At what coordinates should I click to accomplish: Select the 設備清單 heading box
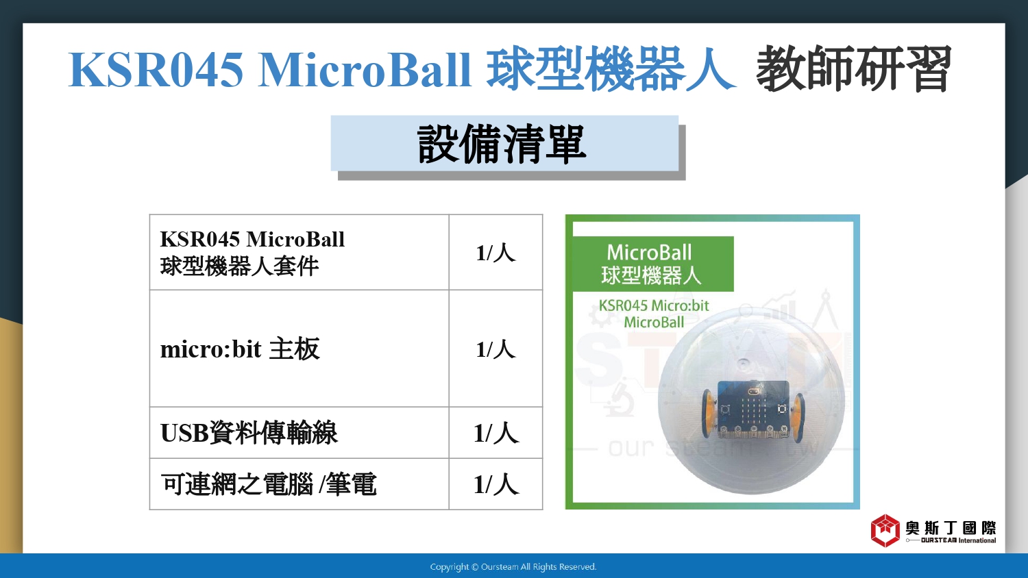point(504,143)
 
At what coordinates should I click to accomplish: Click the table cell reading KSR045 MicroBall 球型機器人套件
point(299,252)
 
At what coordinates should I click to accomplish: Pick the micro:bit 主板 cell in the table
point(299,349)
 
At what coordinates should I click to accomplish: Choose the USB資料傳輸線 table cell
point(299,433)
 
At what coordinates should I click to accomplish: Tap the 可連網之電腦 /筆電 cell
point(299,484)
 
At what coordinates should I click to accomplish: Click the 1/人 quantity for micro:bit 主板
point(495,349)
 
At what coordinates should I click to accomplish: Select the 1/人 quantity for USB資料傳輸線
point(496,433)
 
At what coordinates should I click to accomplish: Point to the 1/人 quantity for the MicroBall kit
point(495,253)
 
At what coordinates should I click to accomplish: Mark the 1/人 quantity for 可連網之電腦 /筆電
point(496,484)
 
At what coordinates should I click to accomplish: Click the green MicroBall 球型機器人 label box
point(653,264)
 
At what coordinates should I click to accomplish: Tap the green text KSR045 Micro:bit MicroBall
point(654,314)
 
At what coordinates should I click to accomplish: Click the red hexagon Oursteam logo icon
point(885,531)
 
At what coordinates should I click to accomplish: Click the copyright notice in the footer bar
point(513,567)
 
